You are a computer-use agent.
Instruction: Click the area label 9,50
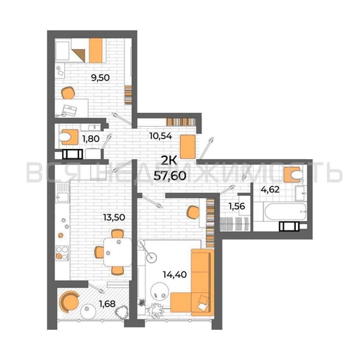click(x=100, y=78)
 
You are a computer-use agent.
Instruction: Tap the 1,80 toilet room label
click(x=91, y=138)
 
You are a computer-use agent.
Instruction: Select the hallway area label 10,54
click(x=161, y=136)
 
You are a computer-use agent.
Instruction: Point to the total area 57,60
click(x=170, y=176)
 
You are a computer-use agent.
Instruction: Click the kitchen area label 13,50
click(x=114, y=217)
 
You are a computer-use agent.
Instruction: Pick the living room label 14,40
click(x=175, y=274)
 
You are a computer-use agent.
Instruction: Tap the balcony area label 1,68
click(x=107, y=304)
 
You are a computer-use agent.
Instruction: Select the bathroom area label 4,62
click(x=270, y=189)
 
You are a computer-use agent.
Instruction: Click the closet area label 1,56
click(x=237, y=206)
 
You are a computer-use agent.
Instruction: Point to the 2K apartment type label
click(x=168, y=161)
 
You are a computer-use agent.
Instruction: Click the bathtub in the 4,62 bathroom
click(x=285, y=212)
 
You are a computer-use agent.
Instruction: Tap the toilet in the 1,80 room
click(x=66, y=138)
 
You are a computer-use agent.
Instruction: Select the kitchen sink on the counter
click(x=62, y=192)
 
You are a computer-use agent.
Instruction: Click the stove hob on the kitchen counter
click(x=62, y=253)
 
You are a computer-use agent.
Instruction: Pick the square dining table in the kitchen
click(x=117, y=252)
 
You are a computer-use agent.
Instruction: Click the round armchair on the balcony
click(x=69, y=302)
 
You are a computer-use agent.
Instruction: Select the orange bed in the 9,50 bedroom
click(x=95, y=50)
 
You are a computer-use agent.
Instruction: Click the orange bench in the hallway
click(x=188, y=147)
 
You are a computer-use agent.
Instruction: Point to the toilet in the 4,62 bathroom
click(x=293, y=174)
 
